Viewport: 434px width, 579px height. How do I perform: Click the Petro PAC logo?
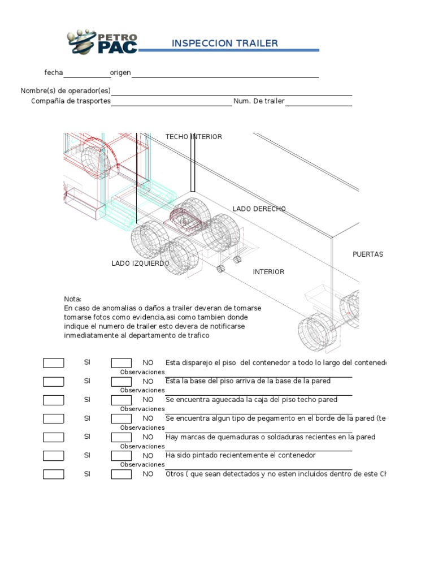point(102,42)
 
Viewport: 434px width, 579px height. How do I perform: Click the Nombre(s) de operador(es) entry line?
point(232,93)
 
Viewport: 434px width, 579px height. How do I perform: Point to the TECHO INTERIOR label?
point(193,137)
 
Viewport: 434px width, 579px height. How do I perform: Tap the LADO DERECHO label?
point(259,209)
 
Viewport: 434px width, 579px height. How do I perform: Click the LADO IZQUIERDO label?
point(140,263)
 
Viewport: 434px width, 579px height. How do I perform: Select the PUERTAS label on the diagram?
point(368,254)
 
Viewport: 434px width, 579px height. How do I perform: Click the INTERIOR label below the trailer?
point(268,272)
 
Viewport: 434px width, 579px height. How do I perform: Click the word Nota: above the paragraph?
point(73,299)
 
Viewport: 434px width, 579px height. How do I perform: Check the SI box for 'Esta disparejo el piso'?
point(54,363)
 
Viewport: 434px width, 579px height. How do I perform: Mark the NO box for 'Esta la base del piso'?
point(121,382)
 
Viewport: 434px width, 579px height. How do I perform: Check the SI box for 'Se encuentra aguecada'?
point(54,400)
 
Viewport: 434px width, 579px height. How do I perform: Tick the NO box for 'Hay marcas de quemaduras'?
point(121,437)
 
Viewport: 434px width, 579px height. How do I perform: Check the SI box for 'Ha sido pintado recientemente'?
point(54,456)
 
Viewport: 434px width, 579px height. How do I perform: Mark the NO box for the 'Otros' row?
point(121,474)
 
